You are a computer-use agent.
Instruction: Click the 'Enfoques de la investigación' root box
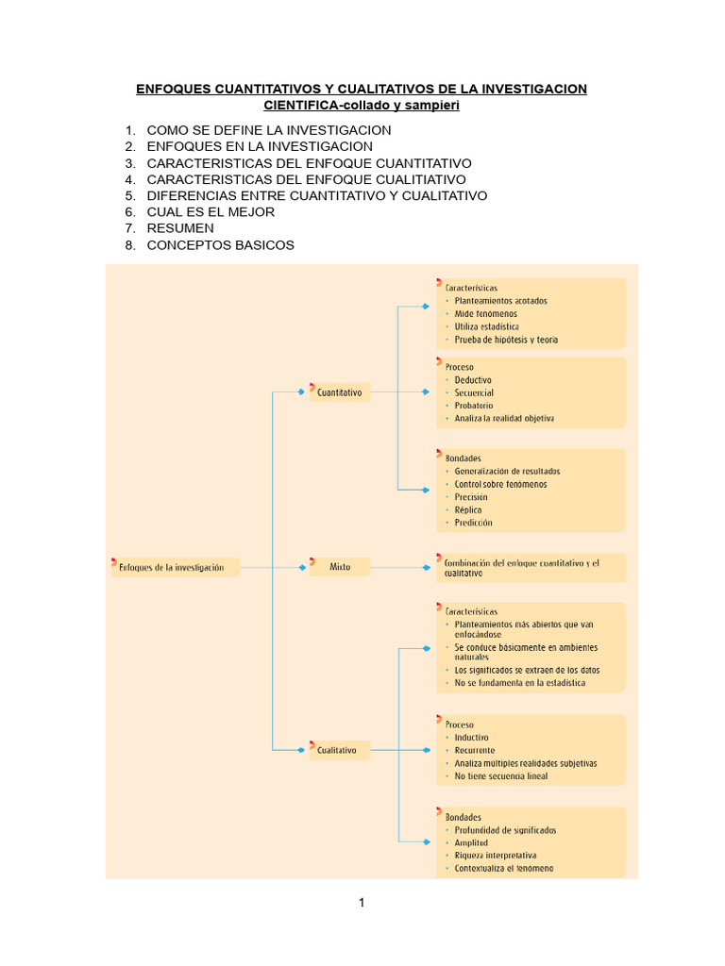[173, 568]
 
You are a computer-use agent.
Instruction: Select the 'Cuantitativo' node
[340, 392]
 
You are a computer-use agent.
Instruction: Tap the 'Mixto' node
[340, 567]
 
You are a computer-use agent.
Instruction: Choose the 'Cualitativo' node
[337, 750]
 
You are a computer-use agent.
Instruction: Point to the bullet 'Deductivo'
[473, 380]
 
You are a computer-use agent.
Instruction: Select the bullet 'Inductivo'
[471, 738]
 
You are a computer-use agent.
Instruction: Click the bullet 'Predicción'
[473, 523]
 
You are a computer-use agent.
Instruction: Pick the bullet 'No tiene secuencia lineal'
[500, 776]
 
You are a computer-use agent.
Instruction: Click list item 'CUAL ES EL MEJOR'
[211, 212]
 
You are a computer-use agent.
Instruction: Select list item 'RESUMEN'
[180, 228]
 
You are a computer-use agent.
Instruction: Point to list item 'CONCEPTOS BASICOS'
[220, 245]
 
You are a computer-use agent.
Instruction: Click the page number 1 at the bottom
[362, 903]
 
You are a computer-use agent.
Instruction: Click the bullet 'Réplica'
[468, 509]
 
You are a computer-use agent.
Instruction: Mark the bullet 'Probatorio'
[474, 406]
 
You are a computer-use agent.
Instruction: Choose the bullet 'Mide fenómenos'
[485, 314]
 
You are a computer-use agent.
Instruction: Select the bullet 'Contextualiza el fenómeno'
[504, 868]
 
